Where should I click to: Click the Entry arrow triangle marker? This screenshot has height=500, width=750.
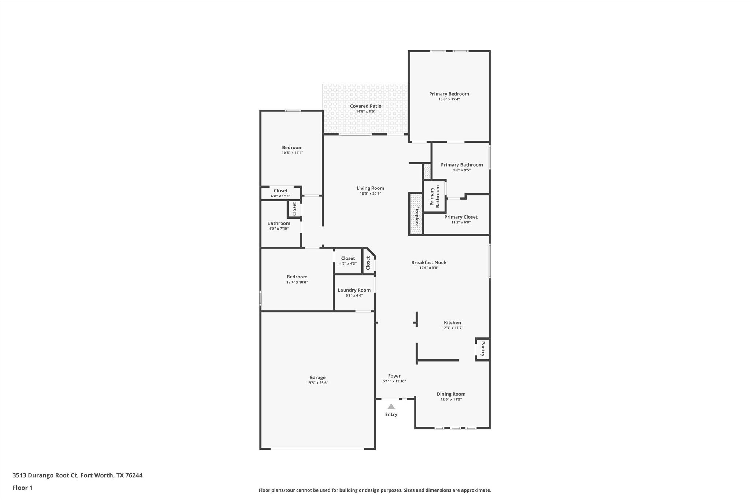[x=391, y=407]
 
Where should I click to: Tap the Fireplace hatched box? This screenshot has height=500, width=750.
[x=416, y=214]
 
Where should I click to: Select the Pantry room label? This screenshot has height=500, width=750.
[x=483, y=349]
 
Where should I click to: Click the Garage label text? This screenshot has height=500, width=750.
[x=318, y=377]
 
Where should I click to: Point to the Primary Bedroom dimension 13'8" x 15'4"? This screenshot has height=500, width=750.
[x=449, y=99]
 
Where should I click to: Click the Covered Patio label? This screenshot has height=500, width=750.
[x=365, y=106]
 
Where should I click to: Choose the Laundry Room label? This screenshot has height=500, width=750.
[x=354, y=290]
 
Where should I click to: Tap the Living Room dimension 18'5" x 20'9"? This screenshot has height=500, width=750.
[x=370, y=193]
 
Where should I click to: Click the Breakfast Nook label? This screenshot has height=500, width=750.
[x=429, y=262]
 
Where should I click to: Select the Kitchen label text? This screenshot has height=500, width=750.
[x=452, y=323]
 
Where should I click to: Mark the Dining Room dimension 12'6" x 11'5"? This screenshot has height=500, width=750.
[x=451, y=399]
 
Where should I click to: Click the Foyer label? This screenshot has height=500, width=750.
[x=394, y=376]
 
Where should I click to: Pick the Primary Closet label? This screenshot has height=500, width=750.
[x=461, y=217]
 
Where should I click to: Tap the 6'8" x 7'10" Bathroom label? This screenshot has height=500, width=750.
[x=279, y=223]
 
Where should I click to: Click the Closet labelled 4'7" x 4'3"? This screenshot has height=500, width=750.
[x=348, y=258]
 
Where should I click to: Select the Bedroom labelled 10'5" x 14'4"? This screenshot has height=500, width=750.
[x=292, y=148]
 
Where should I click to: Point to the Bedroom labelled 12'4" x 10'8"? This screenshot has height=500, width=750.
[x=297, y=277]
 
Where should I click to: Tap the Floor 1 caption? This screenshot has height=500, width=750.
[x=22, y=488]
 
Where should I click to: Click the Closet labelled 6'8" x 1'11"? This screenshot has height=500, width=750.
[x=281, y=191]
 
